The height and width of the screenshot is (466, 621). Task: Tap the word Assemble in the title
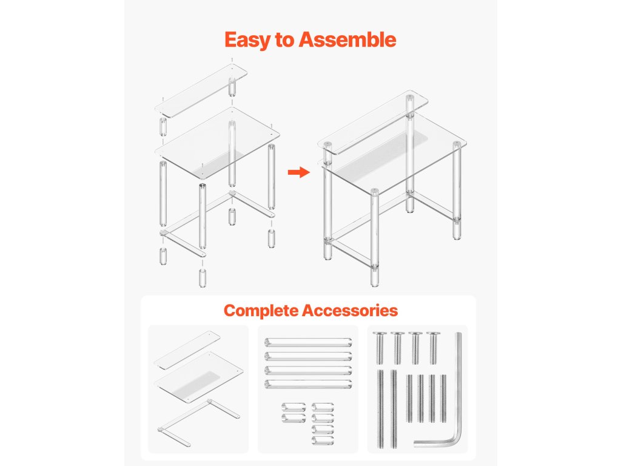click(347, 39)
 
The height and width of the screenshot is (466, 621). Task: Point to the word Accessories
click(350, 310)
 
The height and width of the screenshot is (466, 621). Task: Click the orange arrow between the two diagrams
click(298, 172)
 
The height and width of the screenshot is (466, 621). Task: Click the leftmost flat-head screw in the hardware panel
click(380, 348)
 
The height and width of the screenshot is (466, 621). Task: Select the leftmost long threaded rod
click(381, 408)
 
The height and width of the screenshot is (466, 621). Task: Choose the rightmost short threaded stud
click(443, 398)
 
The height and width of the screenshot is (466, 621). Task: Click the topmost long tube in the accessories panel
click(308, 342)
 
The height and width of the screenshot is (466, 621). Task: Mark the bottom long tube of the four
click(308, 384)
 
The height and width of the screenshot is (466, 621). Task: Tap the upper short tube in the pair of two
click(294, 408)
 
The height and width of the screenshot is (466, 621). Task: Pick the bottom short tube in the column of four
click(323, 441)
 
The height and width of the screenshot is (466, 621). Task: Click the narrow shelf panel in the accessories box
click(187, 349)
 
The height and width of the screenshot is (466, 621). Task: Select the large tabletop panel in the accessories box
click(198, 376)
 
